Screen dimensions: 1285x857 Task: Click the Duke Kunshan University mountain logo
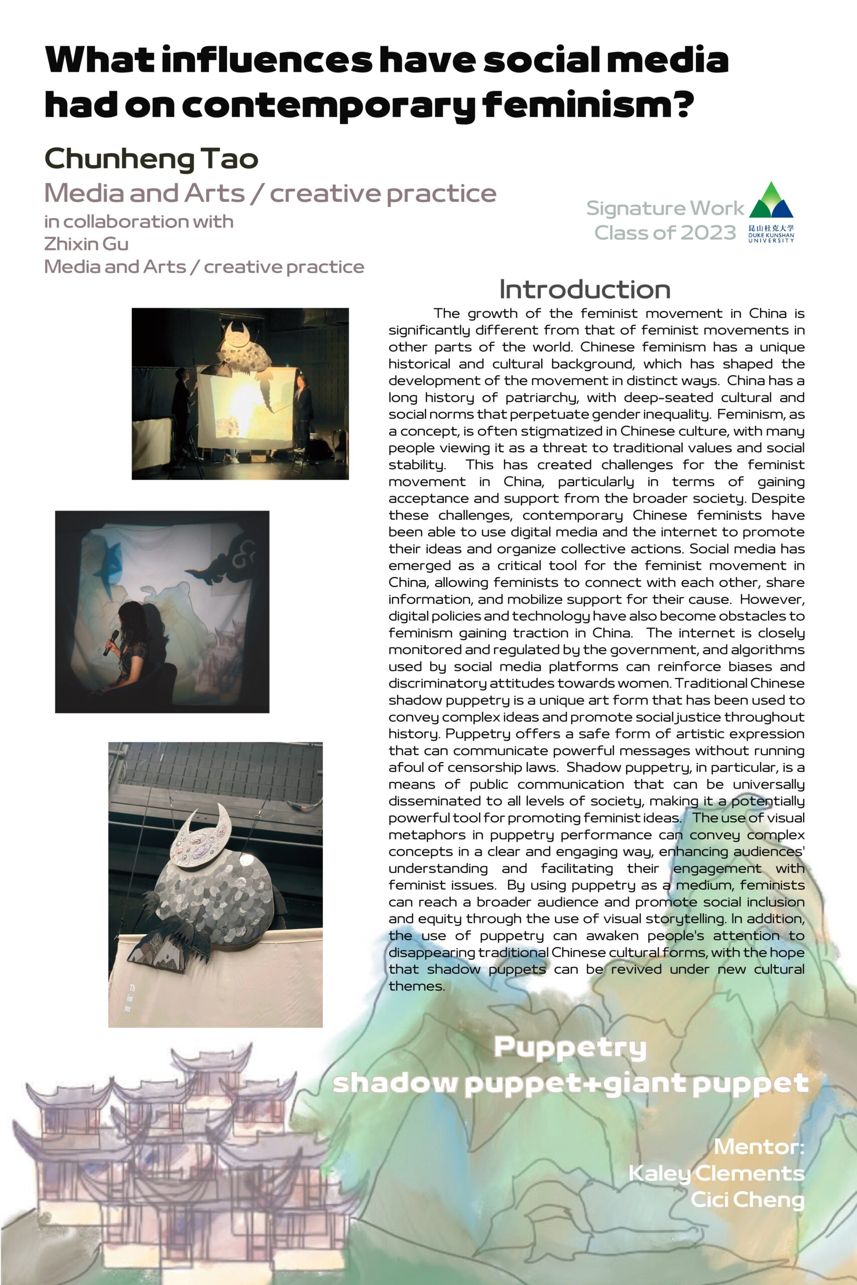(771, 201)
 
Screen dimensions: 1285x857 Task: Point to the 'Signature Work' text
(665, 208)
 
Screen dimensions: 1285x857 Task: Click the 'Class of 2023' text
(665, 233)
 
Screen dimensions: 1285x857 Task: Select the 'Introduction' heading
(584, 290)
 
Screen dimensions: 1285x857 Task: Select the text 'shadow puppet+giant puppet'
(570, 1083)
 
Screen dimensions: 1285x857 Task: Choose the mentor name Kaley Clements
(716, 1173)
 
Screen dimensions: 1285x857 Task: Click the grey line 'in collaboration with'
(139, 221)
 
